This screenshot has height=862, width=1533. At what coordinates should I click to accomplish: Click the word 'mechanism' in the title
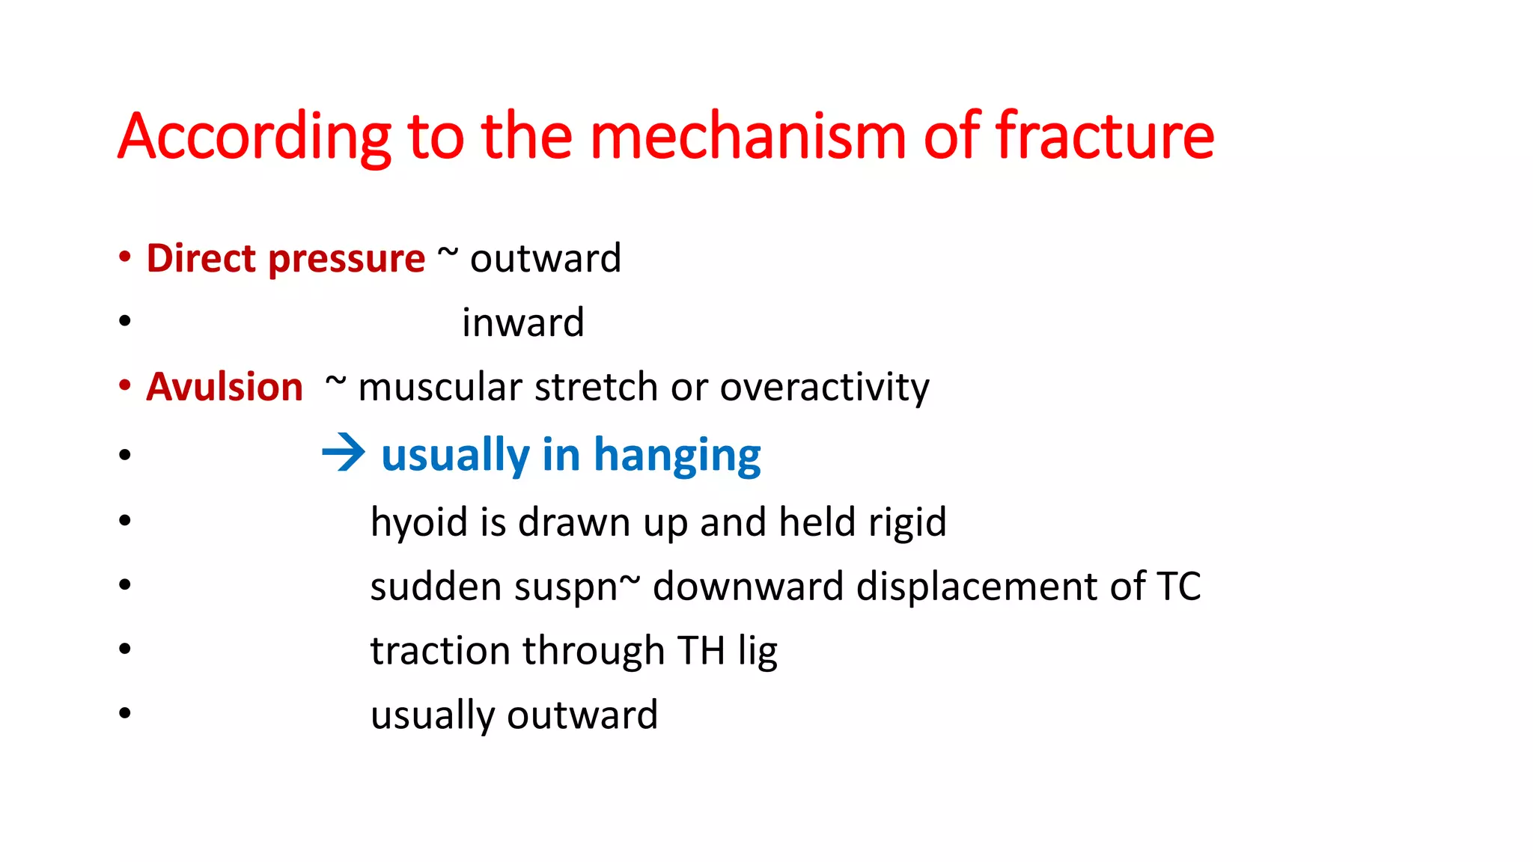(x=748, y=136)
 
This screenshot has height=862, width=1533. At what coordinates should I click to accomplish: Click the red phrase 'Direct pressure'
(x=285, y=259)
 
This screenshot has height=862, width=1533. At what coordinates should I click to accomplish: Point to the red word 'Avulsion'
(x=225, y=388)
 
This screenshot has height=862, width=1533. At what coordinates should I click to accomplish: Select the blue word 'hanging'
(x=677, y=455)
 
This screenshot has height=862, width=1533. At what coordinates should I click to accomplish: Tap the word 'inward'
(x=522, y=323)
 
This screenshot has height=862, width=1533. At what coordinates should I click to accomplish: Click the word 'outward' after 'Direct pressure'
(x=546, y=259)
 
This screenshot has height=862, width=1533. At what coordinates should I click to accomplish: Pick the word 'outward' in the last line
(x=582, y=715)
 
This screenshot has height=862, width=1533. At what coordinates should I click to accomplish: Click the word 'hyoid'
(x=418, y=522)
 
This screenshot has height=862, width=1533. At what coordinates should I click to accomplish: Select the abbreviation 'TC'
(x=1178, y=587)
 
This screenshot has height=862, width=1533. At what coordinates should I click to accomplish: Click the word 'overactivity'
(x=824, y=388)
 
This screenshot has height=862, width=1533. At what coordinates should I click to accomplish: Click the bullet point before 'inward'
(x=125, y=322)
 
